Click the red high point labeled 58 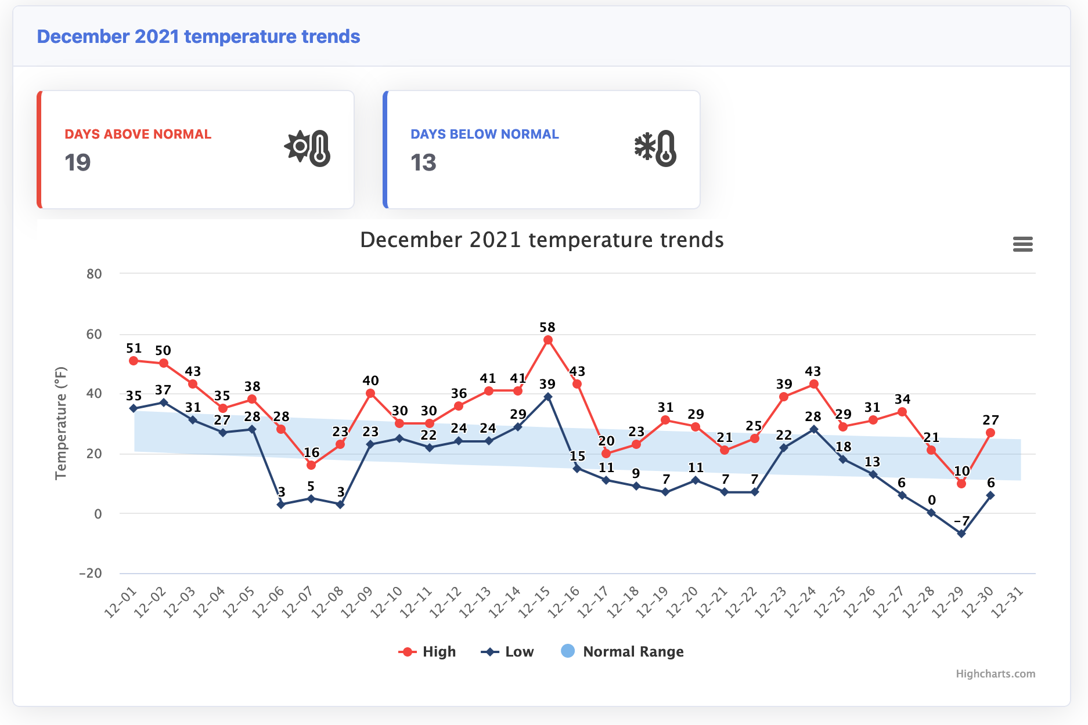coord(547,340)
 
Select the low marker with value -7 coord(961,534)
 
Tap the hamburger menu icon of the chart coord(1022,244)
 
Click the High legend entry coord(427,652)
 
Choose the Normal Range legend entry coord(622,652)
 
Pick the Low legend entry coord(507,652)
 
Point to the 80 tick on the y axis coord(94,274)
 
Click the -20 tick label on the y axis coord(91,573)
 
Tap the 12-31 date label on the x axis coord(1006,603)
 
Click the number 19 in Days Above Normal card coord(78,162)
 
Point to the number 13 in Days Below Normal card coord(423,162)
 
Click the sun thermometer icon coord(308,148)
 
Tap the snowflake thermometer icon coord(655,148)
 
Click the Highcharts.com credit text coord(995,674)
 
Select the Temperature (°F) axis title coord(61,423)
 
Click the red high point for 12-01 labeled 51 coord(134,361)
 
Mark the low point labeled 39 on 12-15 coord(547,397)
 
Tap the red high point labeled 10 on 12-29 coord(961,483)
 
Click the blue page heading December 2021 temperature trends coord(199,37)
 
